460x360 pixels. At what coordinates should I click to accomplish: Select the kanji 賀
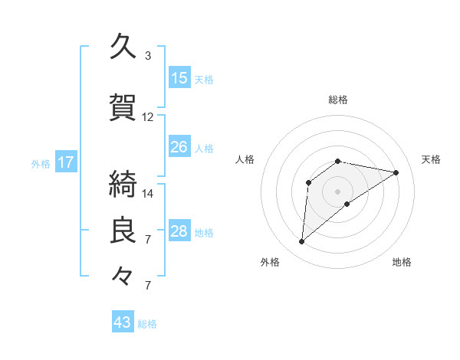[122, 108]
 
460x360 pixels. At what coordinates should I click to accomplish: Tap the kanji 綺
[122, 184]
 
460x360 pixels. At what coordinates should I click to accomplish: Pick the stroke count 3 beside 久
[147, 56]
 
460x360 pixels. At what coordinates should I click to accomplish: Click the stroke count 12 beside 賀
[148, 117]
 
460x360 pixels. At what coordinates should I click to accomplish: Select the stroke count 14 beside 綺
[148, 193]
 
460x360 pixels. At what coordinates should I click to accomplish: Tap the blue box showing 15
[179, 78]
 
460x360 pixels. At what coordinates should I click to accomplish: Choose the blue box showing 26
[179, 147]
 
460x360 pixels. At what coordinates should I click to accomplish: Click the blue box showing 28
[179, 231]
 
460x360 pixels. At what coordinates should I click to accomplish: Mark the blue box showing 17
[65, 162]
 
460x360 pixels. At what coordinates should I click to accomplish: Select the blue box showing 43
[122, 322]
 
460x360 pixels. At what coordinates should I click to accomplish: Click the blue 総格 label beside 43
[148, 324]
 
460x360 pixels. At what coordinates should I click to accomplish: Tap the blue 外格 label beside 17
[41, 163]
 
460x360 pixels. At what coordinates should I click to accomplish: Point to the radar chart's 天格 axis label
[431, 159]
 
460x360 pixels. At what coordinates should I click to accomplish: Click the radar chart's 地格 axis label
[402, 262]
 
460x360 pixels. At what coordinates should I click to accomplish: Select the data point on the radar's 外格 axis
[301, 242]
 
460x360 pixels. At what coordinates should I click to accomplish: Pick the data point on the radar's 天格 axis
[396, 172]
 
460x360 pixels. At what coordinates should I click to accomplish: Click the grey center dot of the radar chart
[337, 191]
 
